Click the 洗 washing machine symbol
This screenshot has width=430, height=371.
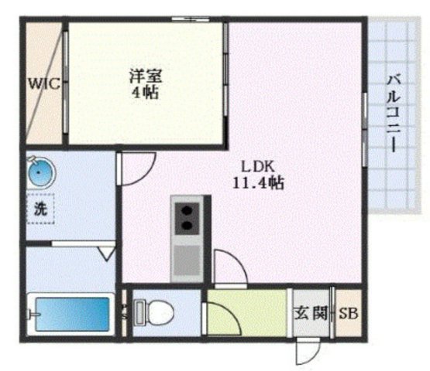pyautogui.click(x=39, y=208)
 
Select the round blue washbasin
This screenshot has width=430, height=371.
pyautogui.click(x=39, y=172)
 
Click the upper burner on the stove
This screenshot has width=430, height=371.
pyautogui.click(x=187, y=208)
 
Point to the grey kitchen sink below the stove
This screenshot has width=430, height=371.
pyautogui.click(x=187, y=260)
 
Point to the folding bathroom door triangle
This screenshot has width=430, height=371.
pyautogui.click(x=107, y=252)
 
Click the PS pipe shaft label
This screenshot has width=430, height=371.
pyautogui.click(x=124, y=312)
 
